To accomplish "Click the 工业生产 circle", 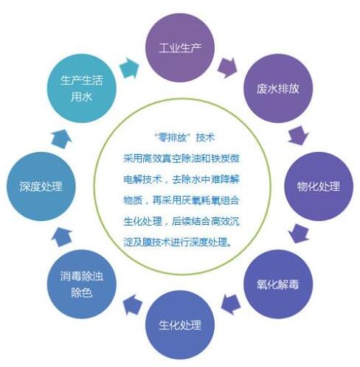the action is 180,48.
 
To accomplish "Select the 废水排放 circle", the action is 278,88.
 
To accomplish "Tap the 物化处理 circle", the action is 319,186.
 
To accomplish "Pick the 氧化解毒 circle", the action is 278,284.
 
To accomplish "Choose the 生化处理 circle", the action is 180,325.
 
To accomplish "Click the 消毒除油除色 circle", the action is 82,284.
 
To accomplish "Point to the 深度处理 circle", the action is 41,186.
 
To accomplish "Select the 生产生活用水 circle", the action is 82,88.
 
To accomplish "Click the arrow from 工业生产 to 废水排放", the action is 227,68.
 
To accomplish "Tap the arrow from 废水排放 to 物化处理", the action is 298,136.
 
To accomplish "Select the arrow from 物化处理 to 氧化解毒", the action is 299,234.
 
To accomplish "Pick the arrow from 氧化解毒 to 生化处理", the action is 231,304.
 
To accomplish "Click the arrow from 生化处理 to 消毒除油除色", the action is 133,305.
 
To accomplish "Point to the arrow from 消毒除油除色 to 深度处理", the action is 61,237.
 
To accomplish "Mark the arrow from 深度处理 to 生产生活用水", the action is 61,139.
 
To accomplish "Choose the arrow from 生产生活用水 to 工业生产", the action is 129,69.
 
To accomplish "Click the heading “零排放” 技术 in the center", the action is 185,138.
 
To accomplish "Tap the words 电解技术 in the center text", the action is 142,180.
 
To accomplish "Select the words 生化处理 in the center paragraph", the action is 142,221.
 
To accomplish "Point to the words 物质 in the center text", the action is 133,200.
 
